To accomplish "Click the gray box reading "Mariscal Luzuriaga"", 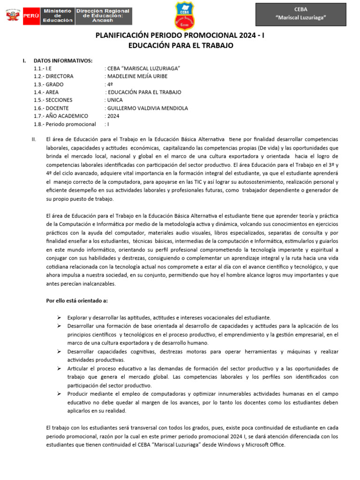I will [300, 14].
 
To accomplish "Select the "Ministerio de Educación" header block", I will [58, 15].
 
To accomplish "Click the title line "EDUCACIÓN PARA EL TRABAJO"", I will [180, 45].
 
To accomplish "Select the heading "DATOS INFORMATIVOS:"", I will [63, 60].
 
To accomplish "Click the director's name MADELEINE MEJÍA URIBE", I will [137, 76].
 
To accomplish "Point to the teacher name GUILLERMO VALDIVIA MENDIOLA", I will [147, 108].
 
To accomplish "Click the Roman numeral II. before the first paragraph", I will [33, 140].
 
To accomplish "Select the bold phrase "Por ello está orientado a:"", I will [77, 300].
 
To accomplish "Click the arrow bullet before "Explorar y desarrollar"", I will [60, 317].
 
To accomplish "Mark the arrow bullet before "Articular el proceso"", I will [60, 368].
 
